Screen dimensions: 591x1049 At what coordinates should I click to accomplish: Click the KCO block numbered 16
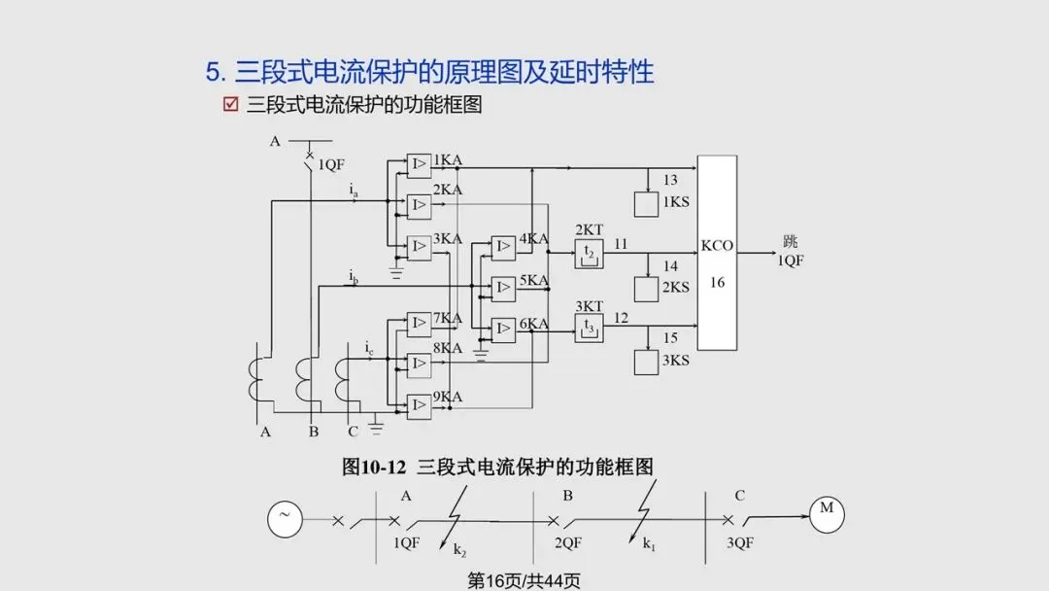717,253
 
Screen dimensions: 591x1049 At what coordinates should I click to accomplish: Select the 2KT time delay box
588,253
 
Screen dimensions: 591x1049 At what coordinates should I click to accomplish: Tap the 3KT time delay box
588,328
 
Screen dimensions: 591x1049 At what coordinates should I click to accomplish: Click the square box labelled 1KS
646,204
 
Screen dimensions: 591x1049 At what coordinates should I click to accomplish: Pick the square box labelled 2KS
646,288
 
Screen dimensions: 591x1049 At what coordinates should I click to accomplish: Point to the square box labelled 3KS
646,362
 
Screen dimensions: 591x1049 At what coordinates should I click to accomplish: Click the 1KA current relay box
419,166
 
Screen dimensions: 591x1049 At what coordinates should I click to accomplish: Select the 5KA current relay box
503,289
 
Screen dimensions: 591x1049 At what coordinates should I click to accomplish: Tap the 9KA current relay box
419,406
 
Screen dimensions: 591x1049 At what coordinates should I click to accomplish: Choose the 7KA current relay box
419,324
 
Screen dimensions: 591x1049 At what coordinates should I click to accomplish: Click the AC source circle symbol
285,520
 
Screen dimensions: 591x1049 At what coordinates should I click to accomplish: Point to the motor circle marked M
827,515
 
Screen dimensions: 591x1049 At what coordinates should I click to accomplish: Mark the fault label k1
649,544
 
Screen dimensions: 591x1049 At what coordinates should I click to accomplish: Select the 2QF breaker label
568,543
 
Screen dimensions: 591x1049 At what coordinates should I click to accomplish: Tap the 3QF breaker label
740,543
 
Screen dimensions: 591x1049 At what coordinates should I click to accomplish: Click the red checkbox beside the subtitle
231,105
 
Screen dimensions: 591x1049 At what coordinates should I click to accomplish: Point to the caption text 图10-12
374,467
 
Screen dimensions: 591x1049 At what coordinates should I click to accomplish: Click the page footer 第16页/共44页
524,580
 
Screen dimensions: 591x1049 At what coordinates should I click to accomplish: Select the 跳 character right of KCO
790,242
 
